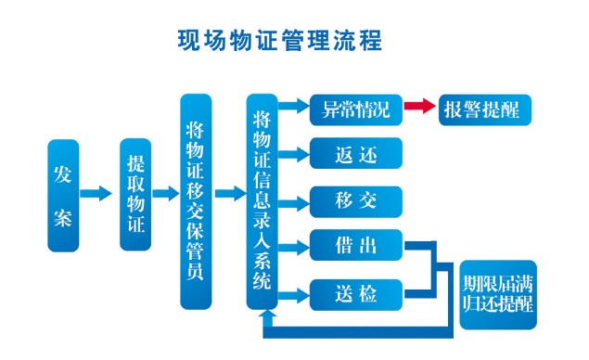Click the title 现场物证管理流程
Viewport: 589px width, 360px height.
point(279,41)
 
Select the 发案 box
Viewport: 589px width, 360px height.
point(63,196)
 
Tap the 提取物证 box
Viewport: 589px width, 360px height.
point(134,194)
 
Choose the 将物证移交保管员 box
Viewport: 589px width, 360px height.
point(196,201)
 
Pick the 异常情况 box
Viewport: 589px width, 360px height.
point(356,108)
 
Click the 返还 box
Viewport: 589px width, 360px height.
point(356,154)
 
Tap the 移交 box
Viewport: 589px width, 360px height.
point(356,200)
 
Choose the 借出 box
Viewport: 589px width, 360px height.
point(356,246)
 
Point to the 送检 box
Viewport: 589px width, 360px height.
point(356,295)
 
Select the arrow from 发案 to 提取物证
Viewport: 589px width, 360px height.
point(96,194)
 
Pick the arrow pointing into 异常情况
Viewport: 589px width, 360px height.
point(294,108)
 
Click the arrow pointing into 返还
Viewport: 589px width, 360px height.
point(294,154)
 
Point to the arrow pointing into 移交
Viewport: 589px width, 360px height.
point(294,200)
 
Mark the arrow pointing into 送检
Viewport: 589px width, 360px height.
point(294,296)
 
